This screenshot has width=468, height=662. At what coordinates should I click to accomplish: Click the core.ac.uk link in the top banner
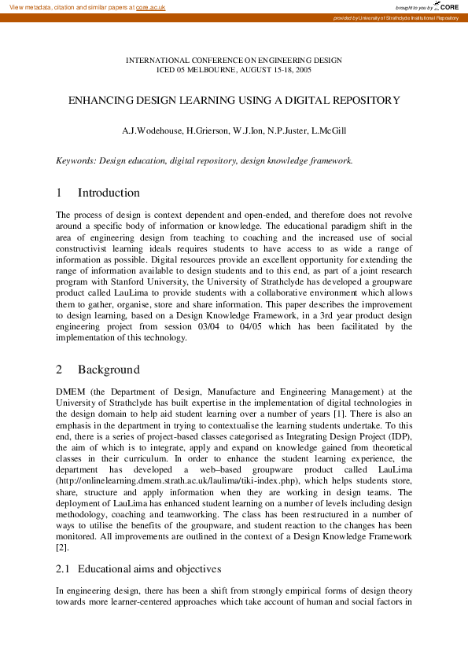pyautogui.click(x=150, y=7)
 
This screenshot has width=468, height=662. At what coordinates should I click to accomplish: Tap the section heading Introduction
pyautogui.click(x=109, y=193)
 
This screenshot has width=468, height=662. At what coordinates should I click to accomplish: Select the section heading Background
pyautogui.click(x=109, y=370)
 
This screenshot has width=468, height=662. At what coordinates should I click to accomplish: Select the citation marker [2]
pyautogui.click(x=61, y=546)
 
